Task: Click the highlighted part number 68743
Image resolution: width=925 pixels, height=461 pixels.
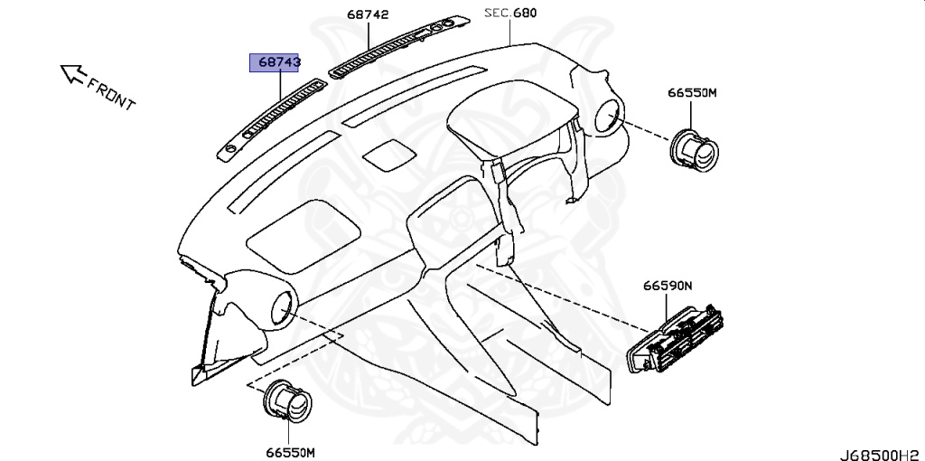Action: (x=276, y=62)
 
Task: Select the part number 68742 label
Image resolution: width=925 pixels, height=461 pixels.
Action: (x=367, y=15)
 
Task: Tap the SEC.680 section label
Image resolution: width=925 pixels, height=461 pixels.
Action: (x=510, y=13)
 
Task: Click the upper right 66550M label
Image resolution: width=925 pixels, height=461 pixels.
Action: (x=692, y=92)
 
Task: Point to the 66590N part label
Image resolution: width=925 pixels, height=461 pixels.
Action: (x=668, y=286)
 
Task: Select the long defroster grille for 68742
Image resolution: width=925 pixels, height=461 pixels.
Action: (x=397, y=45)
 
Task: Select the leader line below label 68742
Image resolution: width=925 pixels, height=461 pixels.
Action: (x=369, y=36)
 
